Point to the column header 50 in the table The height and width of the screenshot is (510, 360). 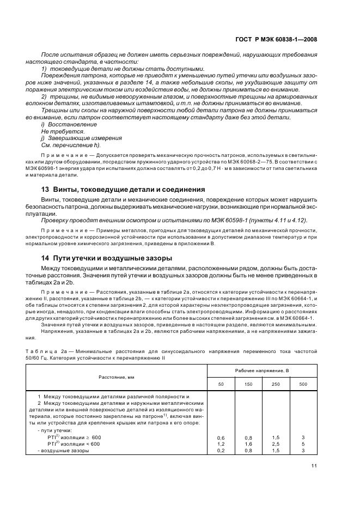pyautogui.click(x=221, y=385)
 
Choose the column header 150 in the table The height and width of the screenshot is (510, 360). pyautogui.click(x=248, y=385)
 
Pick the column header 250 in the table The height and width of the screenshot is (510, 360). pyautogui.click(x=276, y=385)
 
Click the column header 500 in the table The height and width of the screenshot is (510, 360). pyautogui.click(x=303, y=385)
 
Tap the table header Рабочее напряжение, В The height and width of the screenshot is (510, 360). pyautogui.click(x=262, y=371)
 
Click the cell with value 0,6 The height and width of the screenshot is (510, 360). pyautogui.click(x=221, y=438)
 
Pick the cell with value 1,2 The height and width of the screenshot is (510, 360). pyautogui.click(x=221, y=444)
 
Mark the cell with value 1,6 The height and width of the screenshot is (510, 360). pyautogui.click(x=248, y=444)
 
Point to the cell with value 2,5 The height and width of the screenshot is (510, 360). pyautogui.click(x=276, y=444)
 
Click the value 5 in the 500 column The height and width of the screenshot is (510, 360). pyautogui.click(x=303, y=444)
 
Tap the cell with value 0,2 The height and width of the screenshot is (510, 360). pyautogui.click(x=221, y=451)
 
